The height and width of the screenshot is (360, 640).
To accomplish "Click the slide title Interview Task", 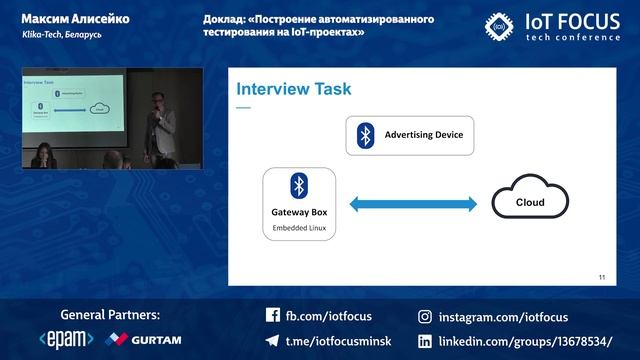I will coord(293,90).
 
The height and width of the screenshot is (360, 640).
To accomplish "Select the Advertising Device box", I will coord(410,135).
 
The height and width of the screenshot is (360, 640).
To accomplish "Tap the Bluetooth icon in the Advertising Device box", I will coord(366,135).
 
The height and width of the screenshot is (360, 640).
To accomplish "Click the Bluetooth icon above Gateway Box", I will coord(298,185).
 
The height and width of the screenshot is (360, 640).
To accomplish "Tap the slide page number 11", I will coord(602,277).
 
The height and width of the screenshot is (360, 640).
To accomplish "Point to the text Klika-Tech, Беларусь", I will coord(57,34).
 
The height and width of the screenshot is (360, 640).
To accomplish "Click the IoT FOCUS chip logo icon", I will coord(500,25).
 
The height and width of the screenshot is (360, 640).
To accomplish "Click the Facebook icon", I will coord(272,316).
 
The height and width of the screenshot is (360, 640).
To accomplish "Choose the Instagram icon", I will coord(424,316).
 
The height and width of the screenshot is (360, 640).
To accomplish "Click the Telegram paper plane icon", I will coord(272,340).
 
